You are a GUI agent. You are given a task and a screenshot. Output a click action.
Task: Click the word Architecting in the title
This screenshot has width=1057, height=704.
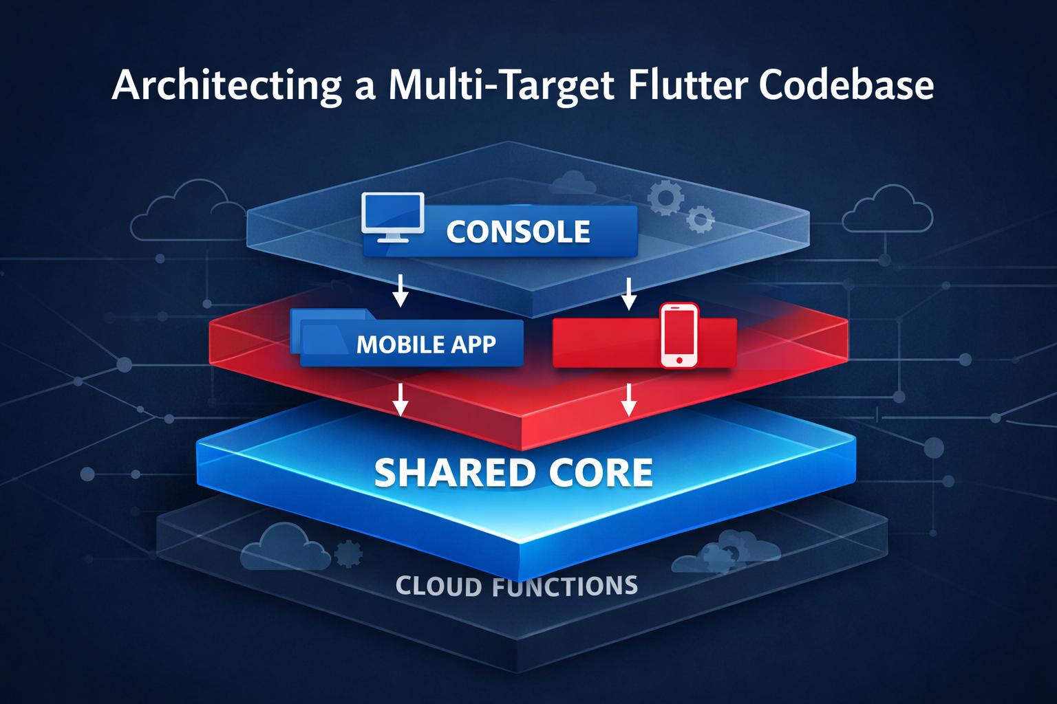point(226,85)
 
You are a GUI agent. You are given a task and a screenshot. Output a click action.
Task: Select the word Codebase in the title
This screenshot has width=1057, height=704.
point(846,85)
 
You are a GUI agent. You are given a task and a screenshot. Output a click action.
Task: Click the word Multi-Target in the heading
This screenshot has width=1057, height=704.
point(502,85)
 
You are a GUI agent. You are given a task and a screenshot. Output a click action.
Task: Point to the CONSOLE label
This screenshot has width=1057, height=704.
point(518,232)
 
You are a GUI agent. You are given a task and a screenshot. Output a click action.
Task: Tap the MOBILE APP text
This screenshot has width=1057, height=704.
point(426,344)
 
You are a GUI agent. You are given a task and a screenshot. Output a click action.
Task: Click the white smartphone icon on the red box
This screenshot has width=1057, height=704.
point(679,335)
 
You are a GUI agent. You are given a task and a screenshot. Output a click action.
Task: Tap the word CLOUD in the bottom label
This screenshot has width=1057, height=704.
point(439,586)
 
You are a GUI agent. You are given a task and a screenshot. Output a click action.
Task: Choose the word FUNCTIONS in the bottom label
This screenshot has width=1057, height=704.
point(565,586)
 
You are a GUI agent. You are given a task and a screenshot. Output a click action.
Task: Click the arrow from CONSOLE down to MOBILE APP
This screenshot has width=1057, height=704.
point(401,291)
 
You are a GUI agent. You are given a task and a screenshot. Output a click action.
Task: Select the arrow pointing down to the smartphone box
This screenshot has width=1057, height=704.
point(628,294)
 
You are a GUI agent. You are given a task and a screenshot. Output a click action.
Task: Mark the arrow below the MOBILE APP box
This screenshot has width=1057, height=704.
point(401,400)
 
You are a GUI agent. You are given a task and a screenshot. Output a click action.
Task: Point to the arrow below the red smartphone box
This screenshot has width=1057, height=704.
point(628,400)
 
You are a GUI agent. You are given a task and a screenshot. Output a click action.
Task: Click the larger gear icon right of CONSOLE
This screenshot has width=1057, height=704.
point(665,198)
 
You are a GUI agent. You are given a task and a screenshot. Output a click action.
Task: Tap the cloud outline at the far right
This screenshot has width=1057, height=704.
point(888,209)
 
